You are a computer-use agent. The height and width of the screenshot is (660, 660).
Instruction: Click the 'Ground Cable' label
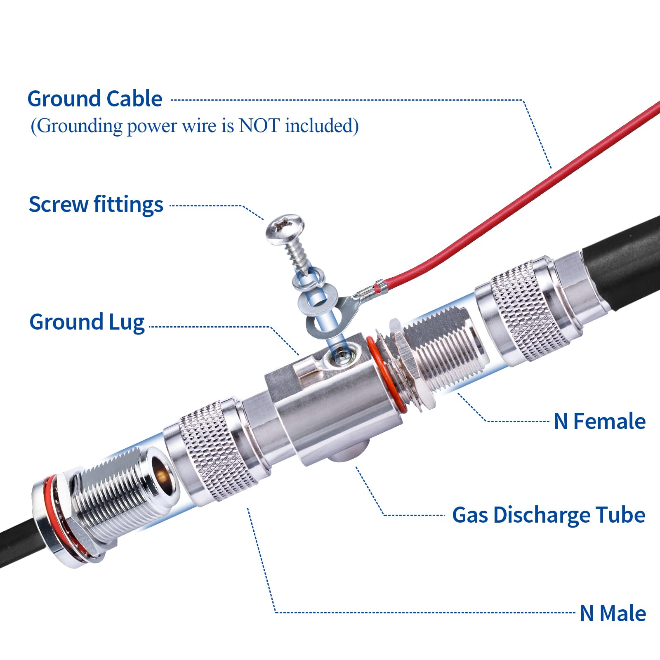click(95, 99)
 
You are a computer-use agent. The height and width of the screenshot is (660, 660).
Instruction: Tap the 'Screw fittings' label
click(96, 205)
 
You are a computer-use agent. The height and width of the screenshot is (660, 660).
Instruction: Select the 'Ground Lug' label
click(87, 322)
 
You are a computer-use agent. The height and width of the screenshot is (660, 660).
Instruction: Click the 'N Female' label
click(599, 421)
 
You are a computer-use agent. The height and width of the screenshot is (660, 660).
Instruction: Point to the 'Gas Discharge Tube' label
click(548, 515)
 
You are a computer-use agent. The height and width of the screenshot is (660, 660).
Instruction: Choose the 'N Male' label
click(613, 613)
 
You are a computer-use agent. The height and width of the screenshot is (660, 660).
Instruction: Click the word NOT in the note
click(259, 125)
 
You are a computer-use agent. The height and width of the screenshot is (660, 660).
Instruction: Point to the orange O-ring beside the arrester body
click(382, 371)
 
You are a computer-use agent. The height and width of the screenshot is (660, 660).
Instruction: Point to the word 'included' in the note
click(321, 125)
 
